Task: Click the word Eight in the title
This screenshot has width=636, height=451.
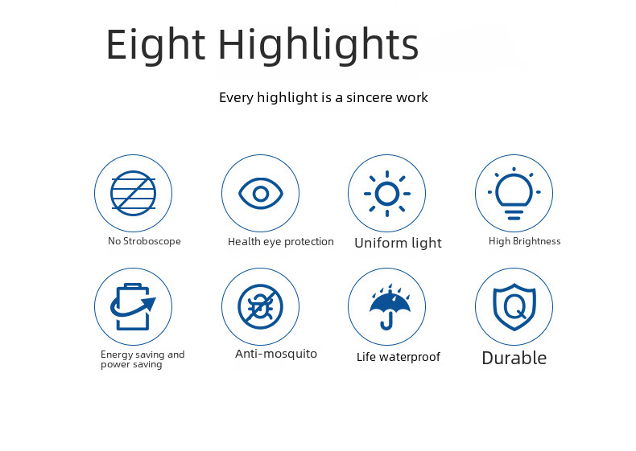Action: (x=155, y=44)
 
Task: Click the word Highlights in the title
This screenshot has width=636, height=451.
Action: (x=319, y=44)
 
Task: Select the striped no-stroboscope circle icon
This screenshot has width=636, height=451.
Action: (x=133, y=193)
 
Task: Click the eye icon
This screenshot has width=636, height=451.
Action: (x=260, y=194)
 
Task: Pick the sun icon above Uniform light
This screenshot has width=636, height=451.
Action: (x=387, y=194)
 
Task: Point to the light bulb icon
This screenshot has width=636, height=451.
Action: (x=514, y=193)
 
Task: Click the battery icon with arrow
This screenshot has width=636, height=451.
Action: (x=133, y=307)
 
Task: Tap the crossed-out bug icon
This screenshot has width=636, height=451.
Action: (x=260, y=307)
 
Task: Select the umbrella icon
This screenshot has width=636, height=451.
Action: (x=390, y=307)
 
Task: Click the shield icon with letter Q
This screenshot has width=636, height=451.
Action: (x=514, y=307)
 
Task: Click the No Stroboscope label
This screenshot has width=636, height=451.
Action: (x=144, y=241)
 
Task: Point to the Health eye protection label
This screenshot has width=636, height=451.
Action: (x=281, y=242)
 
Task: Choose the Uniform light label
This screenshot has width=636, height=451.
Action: (x=398, y=243)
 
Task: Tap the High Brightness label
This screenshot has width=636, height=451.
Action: (x=524, y=241)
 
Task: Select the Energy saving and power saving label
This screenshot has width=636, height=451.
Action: (x=142, y=359)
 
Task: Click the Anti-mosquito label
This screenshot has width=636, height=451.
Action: (x=276, y=354)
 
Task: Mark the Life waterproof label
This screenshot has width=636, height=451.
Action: (x=399, y=357)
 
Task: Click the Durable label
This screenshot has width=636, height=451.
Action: (x=514, y=359)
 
